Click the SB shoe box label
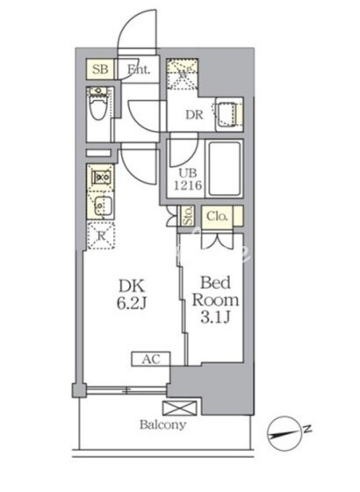(100, 69)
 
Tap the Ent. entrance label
(139, 69)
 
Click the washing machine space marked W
(183, 74)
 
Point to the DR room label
(194, 115)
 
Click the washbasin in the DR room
(228, 114)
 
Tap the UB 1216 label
(188, 179)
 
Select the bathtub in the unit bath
(225, 169)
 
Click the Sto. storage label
(189, 216)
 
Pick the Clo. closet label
(217, 216)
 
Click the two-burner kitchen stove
(100, 177)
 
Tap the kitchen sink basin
(102, 206)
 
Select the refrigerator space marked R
(101, 235)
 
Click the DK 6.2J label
(132, 294)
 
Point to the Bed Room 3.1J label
(215, 300)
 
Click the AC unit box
(151, 359)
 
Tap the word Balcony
(162, 424)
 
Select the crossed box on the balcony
(180, 409)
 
